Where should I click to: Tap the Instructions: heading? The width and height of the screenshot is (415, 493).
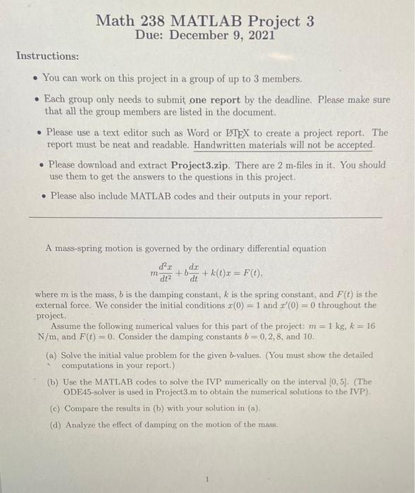(48, 56)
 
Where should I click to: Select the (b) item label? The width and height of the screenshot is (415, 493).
(53, 380)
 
